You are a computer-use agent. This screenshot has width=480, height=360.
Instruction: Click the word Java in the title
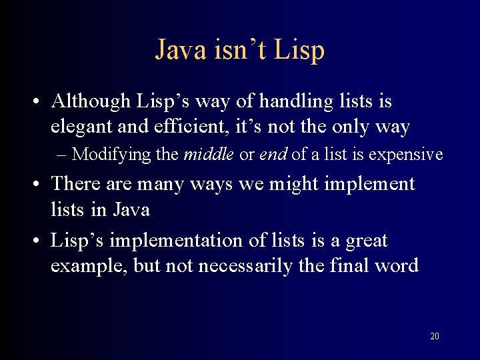tap(181, 50)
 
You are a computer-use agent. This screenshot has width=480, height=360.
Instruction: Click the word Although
tap(91, 101)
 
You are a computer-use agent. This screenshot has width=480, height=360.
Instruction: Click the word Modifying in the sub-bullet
tap(113, 155)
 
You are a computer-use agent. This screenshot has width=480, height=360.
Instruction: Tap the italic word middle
tap(209, 154)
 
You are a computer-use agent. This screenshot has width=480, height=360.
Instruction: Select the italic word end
tap(273, 154)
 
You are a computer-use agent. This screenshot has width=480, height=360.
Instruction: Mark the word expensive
tap(406, 154)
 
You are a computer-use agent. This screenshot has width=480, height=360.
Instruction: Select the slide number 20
tap(435, 336)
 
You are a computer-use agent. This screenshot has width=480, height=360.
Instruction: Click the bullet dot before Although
tap(33, 103)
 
